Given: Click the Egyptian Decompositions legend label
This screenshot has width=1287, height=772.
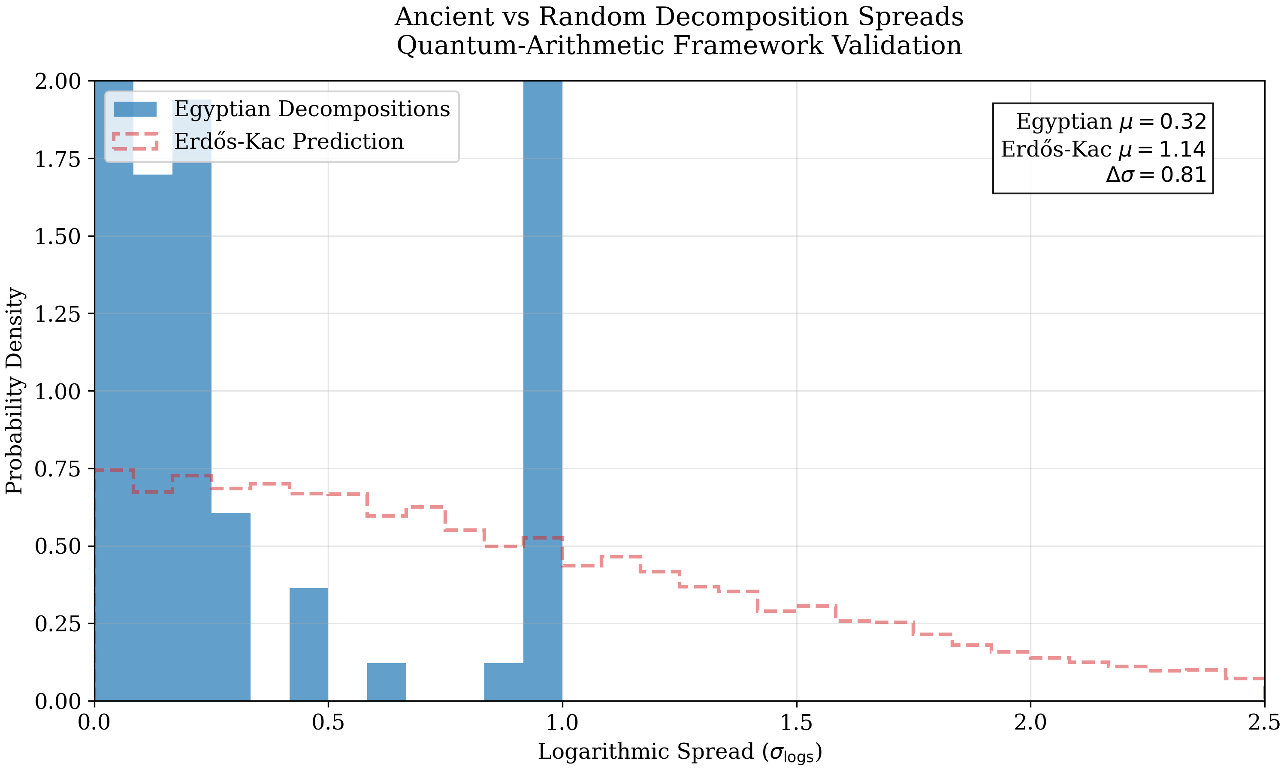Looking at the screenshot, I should pyautogui.click(x=311, y=109).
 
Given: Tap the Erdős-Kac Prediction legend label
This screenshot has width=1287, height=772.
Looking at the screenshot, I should pyautogui.click(x=289, y=142).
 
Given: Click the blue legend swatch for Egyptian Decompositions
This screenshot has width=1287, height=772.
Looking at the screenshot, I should pyautogui.click(x=135, y=109).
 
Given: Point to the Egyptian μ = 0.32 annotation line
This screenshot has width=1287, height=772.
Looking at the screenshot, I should pyautogui.click(x=1111, y=122).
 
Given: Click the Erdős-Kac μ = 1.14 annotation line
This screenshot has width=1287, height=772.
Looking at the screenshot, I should pyautogui.click(x=1103, y=149).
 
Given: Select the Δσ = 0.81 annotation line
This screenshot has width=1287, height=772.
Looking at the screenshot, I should pyautogui.click(x=1155, y=175).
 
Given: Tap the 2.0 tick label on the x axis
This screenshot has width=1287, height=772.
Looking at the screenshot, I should pyautogui.click(x=1030, y=724).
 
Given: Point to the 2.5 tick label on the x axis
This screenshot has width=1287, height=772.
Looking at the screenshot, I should pyautogui.click(x=1264, y=724).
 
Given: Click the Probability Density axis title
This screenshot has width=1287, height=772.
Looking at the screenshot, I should pyautogui.click(x=15, y=391).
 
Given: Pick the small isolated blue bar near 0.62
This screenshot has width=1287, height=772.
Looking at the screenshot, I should pyautogui.click(x=387, y=682).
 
